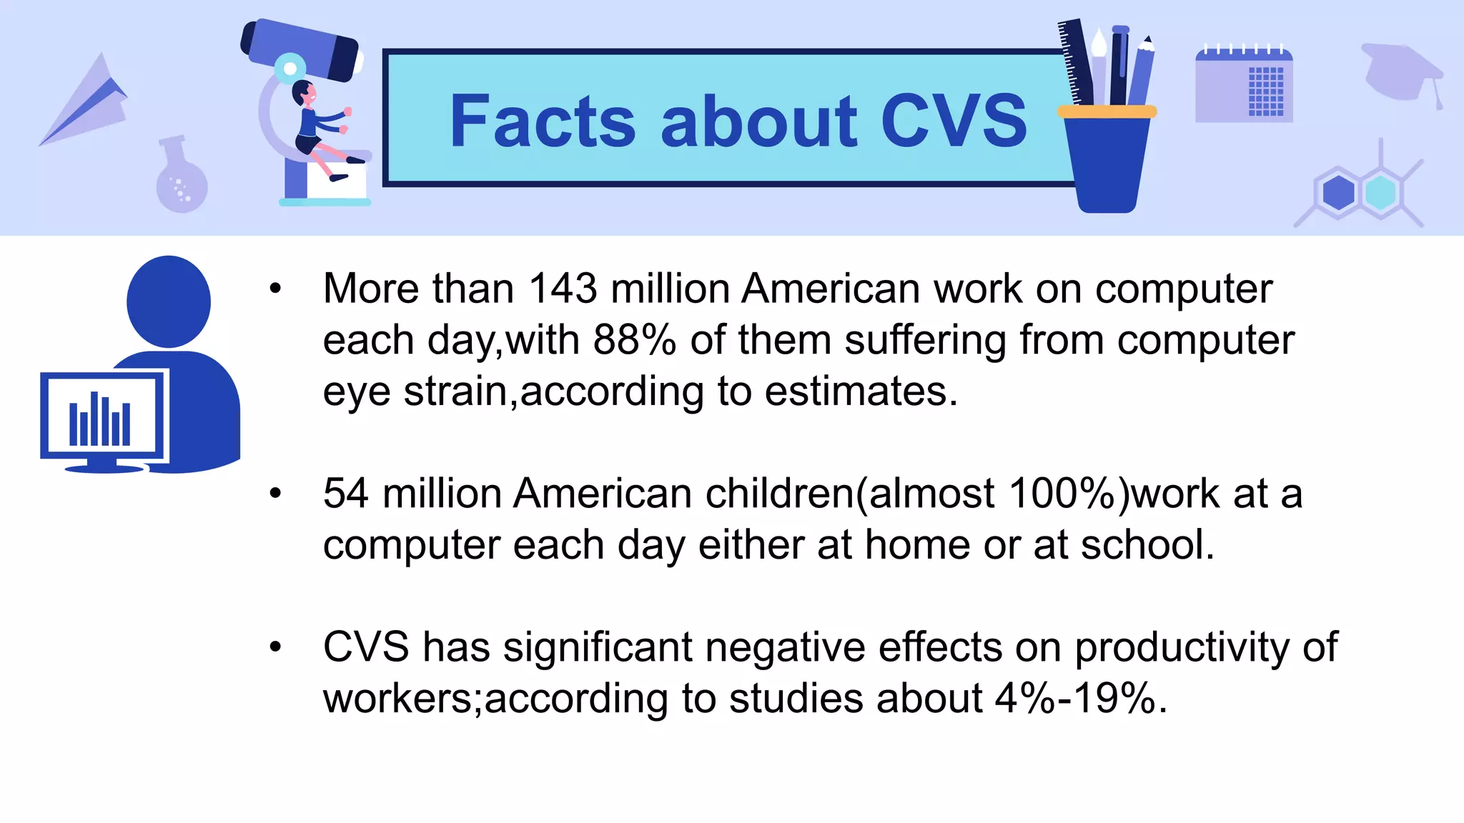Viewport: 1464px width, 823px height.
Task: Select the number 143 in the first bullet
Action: click(563, 289)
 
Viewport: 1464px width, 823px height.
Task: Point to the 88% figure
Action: click(634, 340)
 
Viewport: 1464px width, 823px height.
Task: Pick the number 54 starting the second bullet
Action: click(346, 494)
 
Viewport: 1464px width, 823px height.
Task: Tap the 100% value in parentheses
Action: click(1061, 494)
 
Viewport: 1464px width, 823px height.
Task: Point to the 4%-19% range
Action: click(1075, 699)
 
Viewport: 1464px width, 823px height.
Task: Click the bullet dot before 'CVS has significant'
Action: click(276, 647)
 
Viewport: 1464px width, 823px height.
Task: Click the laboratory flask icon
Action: click(182, 179)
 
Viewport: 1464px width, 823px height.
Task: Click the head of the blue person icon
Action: click(169, 301)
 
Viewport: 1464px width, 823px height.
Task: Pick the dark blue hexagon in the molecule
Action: click(1338, 193)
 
